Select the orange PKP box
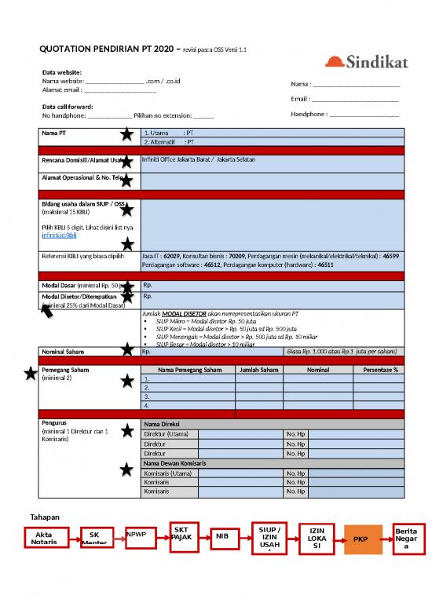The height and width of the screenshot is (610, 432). [361, 539]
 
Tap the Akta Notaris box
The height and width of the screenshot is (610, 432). [49, 539]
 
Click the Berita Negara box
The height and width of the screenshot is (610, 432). [406, 538]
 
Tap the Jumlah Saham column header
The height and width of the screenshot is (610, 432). [258, 369]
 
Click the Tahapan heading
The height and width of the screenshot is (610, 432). [46, 517]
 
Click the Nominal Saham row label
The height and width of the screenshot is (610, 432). [65, 352]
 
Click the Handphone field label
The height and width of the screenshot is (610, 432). [309, 114]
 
